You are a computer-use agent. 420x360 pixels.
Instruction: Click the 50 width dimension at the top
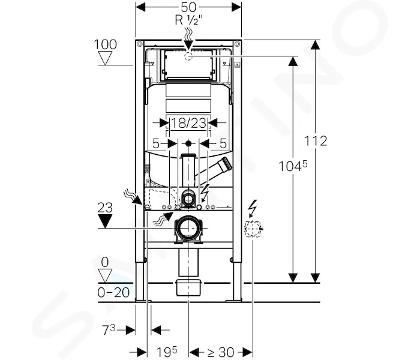coord(188,7)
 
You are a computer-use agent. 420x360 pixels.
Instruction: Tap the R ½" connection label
coord(189,20)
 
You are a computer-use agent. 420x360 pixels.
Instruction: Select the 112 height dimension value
coord(316,141)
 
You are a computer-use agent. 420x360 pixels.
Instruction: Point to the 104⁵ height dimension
coord(293,166)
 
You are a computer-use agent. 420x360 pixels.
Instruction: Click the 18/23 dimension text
coord(188,123)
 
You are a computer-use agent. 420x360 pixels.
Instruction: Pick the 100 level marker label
coord(105,44)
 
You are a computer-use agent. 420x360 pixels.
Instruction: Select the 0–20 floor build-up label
coord(113,293)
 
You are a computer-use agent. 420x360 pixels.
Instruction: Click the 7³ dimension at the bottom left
coord(109,330)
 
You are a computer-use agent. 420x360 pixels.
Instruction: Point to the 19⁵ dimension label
coord(167,352)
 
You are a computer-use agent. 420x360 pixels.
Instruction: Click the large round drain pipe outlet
coord(188,229)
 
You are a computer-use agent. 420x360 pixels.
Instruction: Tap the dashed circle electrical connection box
coord(253,229)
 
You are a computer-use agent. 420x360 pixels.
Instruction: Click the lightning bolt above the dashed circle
coord(253,208)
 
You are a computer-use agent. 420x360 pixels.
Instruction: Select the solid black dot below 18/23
coord(188,144)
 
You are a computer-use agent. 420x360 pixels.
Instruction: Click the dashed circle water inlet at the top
coord(188,56)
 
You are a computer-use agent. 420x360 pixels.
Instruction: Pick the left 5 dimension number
coord(156,144)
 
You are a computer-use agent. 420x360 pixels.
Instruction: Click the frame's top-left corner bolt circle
coord(139,44)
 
